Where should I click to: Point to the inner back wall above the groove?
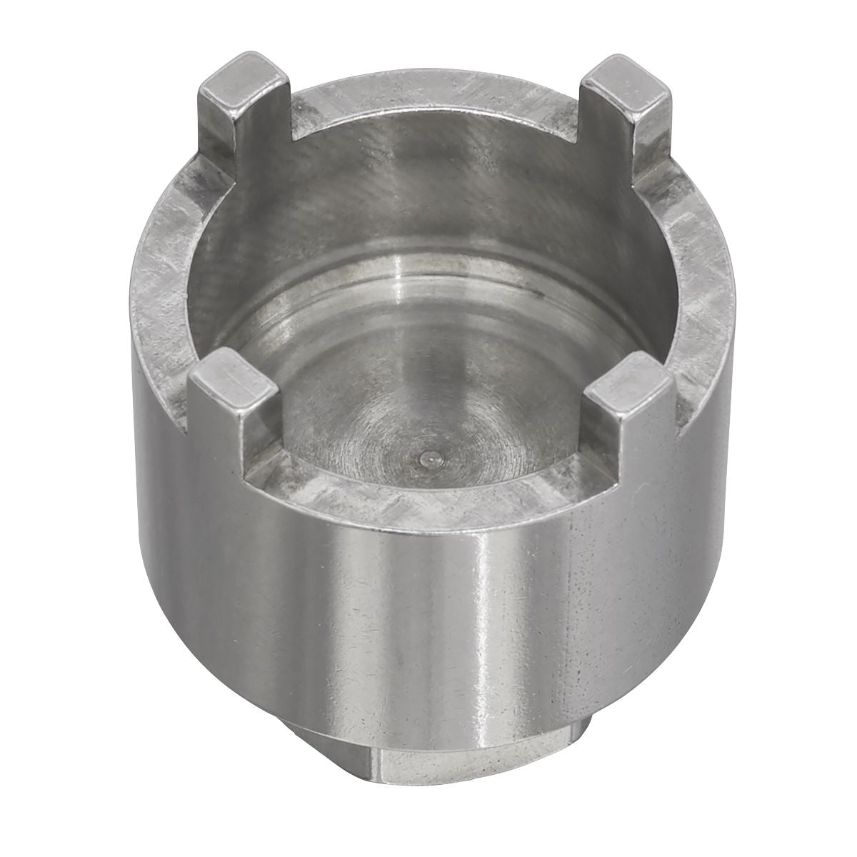tap(428, 186)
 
